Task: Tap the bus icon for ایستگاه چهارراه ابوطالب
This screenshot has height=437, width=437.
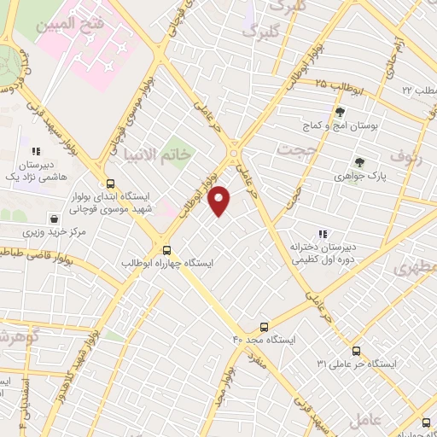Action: [x=166, y=251]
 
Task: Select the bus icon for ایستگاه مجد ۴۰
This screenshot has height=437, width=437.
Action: [x=264, y=326]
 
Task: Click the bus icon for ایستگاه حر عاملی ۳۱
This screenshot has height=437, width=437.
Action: [x=356, y=350]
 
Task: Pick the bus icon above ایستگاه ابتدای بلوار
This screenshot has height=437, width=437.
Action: [x=109, y=183]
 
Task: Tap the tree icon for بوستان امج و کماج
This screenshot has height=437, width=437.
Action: [x=340, y=112]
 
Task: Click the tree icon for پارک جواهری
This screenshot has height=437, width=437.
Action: [x=359, y=162]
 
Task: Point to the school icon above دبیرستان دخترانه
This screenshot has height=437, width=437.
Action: [x=323, y=233]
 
